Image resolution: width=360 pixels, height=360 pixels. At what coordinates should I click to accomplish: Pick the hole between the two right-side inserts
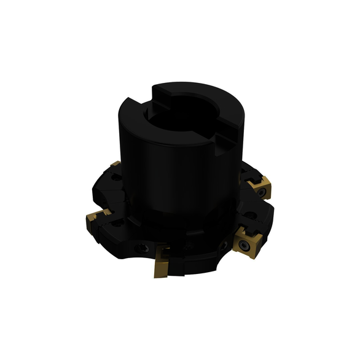tap(251, 216)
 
